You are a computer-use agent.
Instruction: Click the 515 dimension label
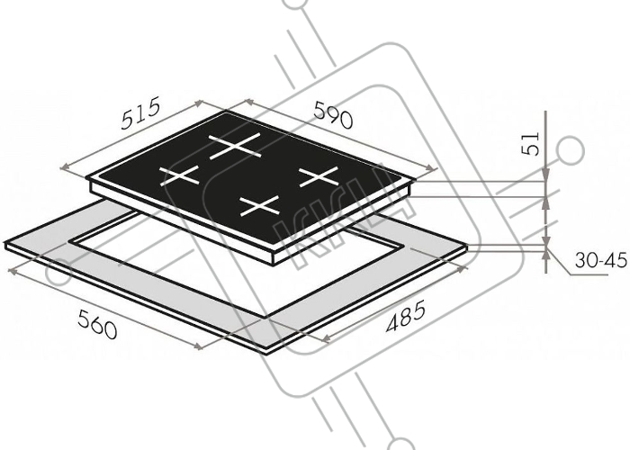[140, 112]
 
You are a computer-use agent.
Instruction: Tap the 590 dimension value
[333, 115]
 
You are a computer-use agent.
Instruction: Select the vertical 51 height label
[530, 143]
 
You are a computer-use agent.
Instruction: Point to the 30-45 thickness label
[600, 260]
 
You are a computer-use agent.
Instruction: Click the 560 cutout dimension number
[97, 324]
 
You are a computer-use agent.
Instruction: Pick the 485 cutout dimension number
[405, 317]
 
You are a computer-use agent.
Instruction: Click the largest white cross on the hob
[236, 146]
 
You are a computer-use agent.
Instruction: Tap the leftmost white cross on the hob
[180, 175]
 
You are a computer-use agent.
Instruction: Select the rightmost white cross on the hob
[319, 176]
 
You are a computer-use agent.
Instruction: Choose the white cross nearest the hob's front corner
[259, 205]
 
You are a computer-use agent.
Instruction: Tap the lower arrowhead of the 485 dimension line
[327, 338]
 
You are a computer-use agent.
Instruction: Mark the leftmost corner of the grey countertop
[4, 243]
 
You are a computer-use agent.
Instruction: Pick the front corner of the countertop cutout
[265, 318]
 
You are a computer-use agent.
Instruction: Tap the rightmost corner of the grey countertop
[468, 246]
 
